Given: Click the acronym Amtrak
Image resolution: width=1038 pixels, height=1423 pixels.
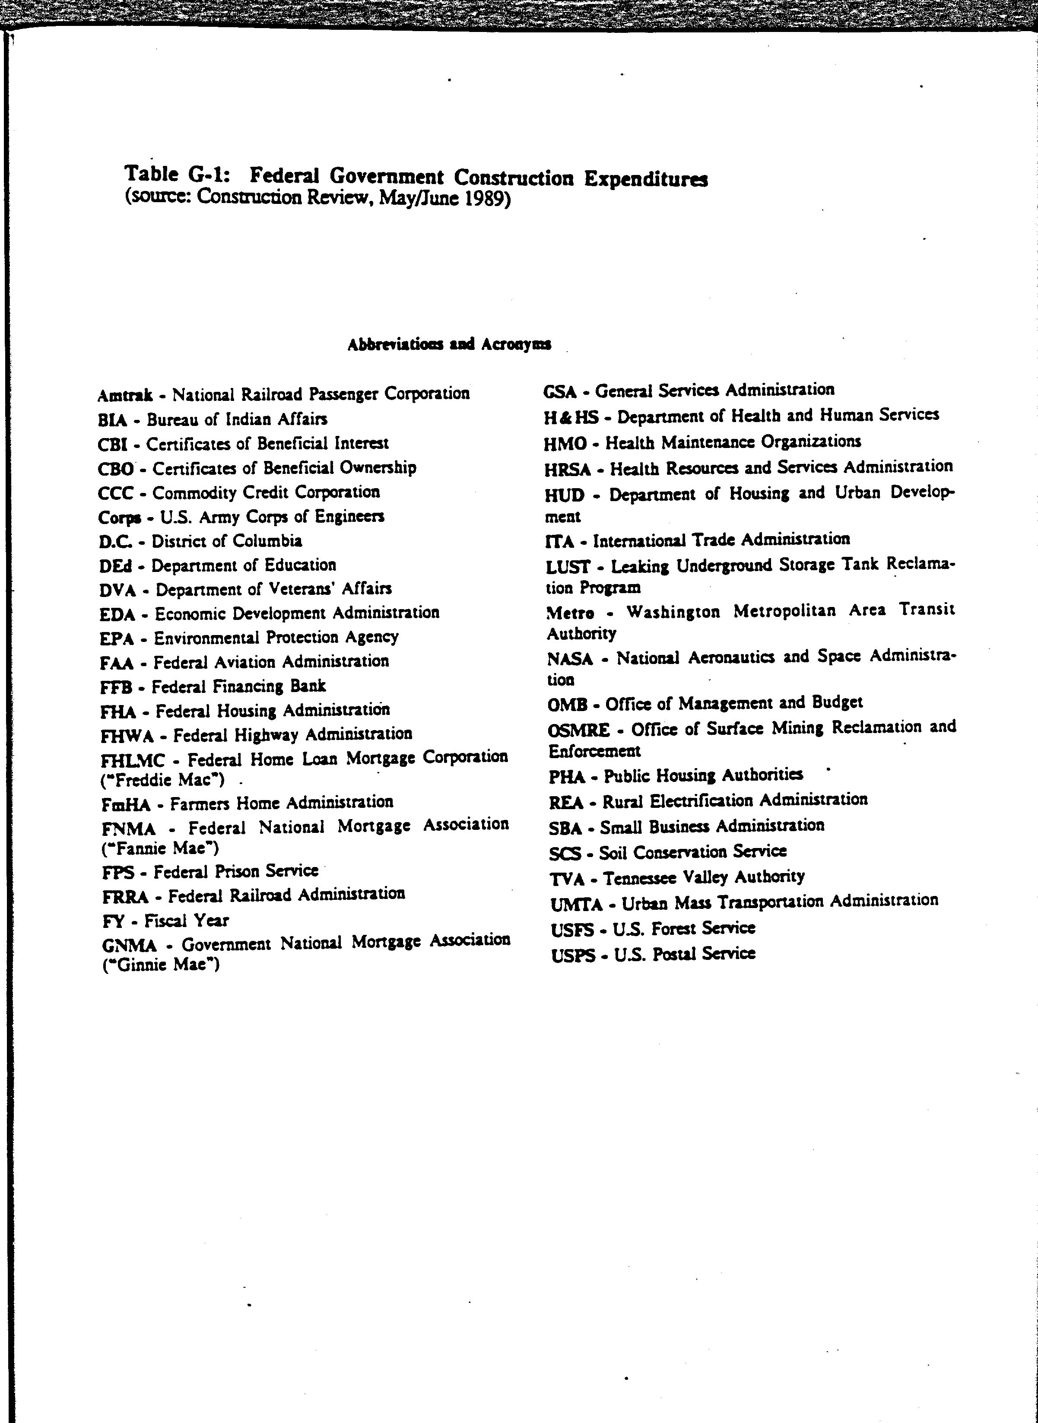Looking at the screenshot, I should tap(125, 395).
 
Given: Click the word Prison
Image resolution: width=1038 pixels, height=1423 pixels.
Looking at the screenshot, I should tap(238, 871).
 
